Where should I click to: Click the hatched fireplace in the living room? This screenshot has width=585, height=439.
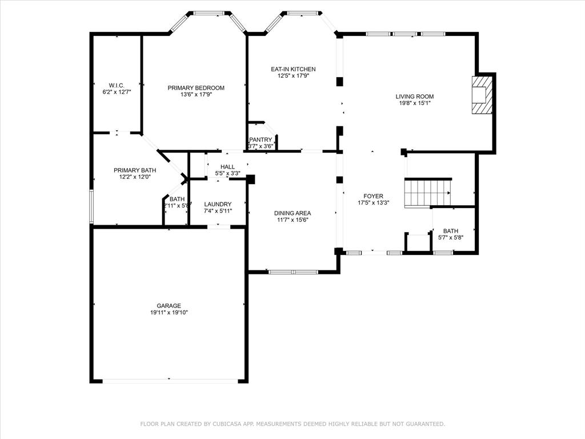482,95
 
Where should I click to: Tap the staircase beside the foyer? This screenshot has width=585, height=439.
428,193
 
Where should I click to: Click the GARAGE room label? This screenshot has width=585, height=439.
169,306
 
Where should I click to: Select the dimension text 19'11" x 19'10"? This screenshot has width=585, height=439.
169,313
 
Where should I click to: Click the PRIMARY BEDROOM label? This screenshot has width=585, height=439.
196,88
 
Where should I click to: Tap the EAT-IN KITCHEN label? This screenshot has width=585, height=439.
293,69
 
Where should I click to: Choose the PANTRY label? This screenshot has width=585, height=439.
261,139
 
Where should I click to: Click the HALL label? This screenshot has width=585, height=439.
227,167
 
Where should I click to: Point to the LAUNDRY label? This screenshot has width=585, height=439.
218,204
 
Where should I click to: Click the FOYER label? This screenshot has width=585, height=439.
370,196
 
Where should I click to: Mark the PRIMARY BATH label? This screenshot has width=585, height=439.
135,170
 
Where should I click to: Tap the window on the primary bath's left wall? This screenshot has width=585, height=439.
91,206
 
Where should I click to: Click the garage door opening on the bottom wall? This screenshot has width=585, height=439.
169,381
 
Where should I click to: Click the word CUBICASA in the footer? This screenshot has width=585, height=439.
227,424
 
